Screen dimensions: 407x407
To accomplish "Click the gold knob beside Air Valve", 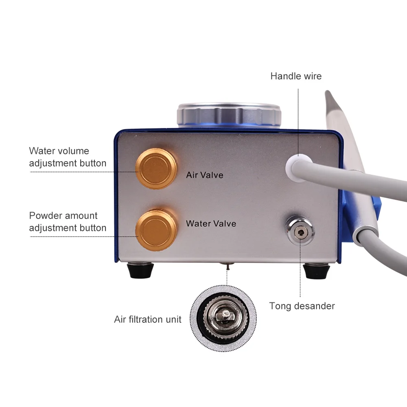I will tap(156, 168).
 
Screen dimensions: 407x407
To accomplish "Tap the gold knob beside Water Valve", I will tap(156, 230).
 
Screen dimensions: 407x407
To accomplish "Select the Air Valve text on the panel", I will tap(205, 175).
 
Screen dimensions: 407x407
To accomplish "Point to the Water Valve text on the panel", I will tap(211, 223).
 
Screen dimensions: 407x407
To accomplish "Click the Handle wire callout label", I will tap(296, 76).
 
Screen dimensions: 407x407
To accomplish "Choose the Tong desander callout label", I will tap(302, 306).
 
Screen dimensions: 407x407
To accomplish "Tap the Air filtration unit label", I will tap(148, 319).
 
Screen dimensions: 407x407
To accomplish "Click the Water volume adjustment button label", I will tap(68, 157).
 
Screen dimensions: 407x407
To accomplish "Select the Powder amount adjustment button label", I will tap(68, 222).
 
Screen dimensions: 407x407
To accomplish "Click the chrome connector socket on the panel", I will tap(300, 231).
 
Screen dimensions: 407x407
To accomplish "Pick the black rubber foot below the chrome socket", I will tap(316, 271).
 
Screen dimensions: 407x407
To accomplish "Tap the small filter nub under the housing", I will tap(227, 266).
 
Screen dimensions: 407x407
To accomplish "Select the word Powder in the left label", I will tap(46, 216).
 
